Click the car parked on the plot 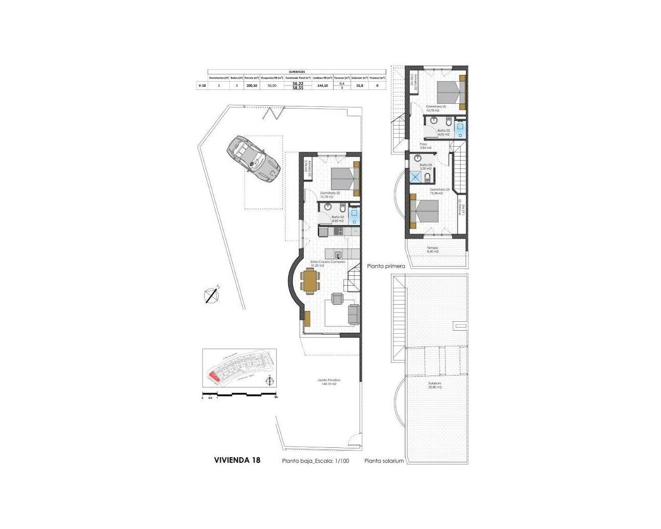tap(253, 158)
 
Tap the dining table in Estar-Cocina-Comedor tap(310, 282)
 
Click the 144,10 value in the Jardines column tap(323, 86)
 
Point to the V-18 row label tap(202, 86)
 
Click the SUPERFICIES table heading tap(297, 72)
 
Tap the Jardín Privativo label tap(329, 382)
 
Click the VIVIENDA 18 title tap(237, 460)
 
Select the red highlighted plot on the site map tap(213, 377)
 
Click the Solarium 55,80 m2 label tap(435, 385)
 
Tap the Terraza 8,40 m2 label tap(433, 250)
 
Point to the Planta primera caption tap(386, 267)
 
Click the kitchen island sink tap(338, 254)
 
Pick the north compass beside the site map tap(269, 382)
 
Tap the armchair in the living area tap(337, 299)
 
